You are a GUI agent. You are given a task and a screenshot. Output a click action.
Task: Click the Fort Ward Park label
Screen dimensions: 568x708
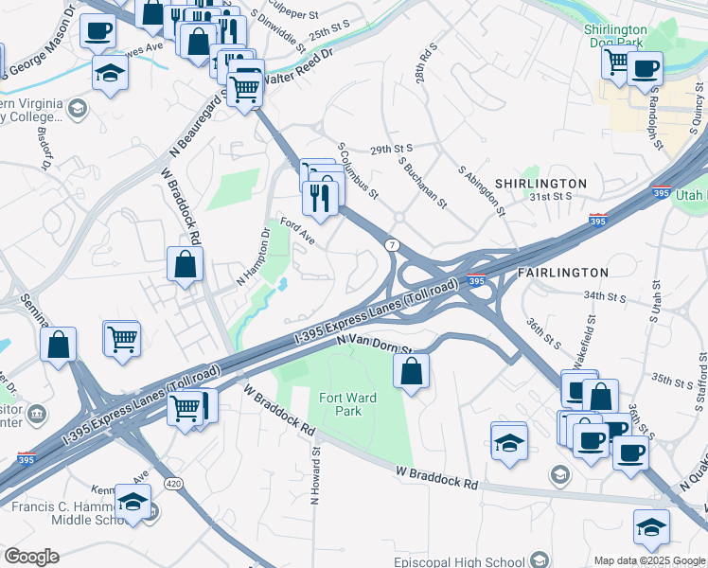click(347, 404)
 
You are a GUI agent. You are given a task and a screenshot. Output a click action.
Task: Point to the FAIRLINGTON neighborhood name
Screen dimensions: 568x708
click(563, 273)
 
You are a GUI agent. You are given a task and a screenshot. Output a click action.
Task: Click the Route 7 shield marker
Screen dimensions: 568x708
click(391, 245)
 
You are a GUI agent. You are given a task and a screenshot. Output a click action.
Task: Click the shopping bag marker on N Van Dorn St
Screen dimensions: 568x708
click(412, 371)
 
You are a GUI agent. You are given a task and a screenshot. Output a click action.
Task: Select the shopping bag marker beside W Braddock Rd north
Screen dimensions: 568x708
click(185, 265)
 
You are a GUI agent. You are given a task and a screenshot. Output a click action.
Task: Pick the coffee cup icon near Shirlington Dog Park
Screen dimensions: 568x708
click(645, 68)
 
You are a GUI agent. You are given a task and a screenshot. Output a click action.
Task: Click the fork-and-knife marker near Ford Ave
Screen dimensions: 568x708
click(320, 198)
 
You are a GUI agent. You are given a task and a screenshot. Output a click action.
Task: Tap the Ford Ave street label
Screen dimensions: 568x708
click(296, 232)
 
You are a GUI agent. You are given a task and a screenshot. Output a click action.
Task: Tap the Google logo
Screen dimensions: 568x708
click(31, 557)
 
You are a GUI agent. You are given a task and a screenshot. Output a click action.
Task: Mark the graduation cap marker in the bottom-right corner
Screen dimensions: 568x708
click(651, 527)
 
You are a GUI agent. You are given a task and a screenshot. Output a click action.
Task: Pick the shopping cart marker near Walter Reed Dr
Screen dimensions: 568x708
click(245, 89)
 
